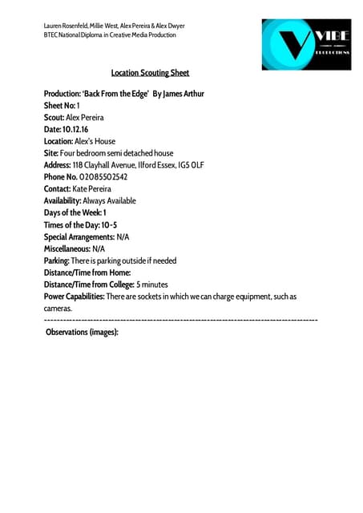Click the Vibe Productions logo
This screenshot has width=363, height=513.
coord(305,44)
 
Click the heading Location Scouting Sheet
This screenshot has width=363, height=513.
coord(150,73)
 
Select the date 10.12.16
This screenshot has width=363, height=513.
coord(75,129)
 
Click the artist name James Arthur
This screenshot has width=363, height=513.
coord(184,94)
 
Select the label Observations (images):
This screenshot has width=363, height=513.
coord(82,331)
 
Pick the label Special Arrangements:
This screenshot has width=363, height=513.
coord(79,236)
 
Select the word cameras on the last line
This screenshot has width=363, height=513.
coord(58,309)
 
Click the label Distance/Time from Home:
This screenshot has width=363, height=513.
coord(87,273)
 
